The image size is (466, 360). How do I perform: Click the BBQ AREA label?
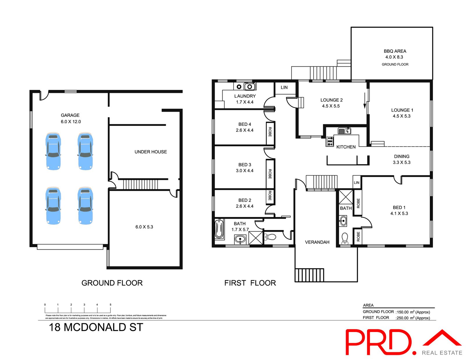coord(395,51)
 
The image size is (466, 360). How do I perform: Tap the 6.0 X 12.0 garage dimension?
coord(71,122)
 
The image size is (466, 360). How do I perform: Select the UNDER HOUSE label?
coord(151,152)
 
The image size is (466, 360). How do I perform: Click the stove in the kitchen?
coord(330,141)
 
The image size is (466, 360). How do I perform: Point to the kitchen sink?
coord(344,131)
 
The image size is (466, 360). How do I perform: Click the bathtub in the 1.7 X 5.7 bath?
coord(219,229)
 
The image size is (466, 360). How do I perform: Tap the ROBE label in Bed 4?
coord(270,132)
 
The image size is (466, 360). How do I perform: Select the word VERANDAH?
coord(317,242)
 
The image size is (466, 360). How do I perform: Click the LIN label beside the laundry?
coord(284,87)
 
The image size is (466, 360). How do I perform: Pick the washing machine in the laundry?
coord(239,87)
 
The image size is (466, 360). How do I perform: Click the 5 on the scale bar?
coord(110,305)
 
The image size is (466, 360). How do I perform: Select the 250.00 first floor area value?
coord(403,318)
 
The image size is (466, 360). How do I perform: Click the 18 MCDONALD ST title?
coord(96,327)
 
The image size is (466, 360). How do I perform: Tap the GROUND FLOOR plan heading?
coord(112,283)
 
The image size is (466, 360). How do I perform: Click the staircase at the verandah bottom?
coord(309,275)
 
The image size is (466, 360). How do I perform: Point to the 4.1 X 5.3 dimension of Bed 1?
coord(399,213)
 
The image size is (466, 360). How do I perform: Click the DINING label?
coord(402,156)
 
